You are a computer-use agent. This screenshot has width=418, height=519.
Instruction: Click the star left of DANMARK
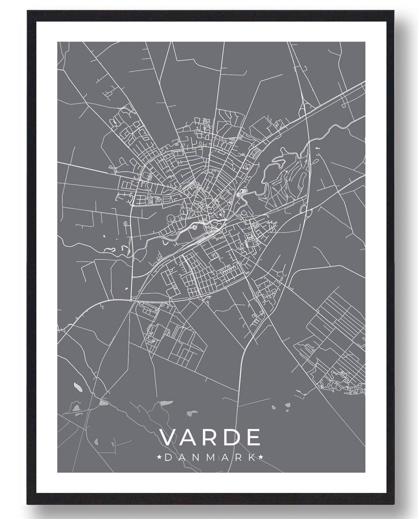click(159, 457)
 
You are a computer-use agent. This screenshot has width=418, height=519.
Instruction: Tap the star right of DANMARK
click(261, 457)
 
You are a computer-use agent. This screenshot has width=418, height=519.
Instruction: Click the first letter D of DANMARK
click(168, 457)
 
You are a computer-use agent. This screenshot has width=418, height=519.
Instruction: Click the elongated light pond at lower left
click(78, 387)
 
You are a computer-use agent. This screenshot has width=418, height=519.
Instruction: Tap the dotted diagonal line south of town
click(193, 373)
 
